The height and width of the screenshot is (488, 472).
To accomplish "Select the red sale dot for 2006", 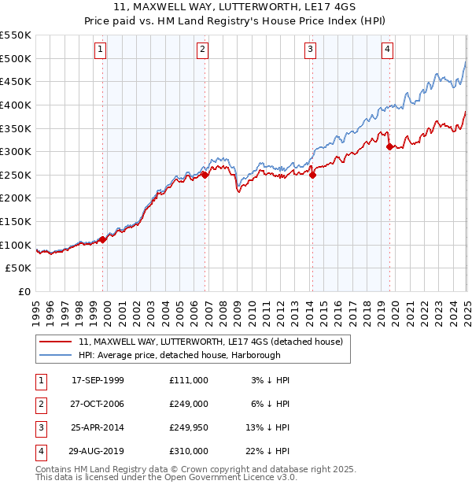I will tap(205, 176).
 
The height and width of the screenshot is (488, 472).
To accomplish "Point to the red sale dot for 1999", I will tap(103, 239).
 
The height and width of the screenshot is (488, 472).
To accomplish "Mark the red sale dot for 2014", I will tap(312, 176).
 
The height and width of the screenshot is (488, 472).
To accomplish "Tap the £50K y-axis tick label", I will tap(19, 268).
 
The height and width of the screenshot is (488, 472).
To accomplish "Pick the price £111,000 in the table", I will tap(189, 379).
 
